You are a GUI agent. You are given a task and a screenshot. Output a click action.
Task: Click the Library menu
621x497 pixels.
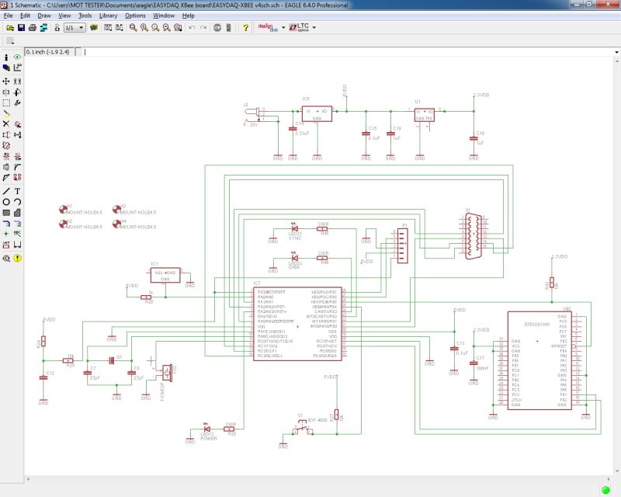pyautogui.click(x=109, y=16)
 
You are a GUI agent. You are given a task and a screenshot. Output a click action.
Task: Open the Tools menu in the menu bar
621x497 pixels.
pyautogui.click(x=85, y=16)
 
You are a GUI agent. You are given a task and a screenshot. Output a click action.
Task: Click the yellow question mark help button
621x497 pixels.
pyautogui.click(x=246, y=28)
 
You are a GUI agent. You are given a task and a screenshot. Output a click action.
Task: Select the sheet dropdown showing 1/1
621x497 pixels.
pyautogui.click(x=74, y=28)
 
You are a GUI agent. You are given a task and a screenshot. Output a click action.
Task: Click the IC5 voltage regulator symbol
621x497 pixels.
pyautogui.click(x=317, y=113)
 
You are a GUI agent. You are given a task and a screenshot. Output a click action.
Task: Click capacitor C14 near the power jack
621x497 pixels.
pyautogui.click(x=293, y=129)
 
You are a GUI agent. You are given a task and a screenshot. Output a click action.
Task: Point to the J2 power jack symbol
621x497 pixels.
pyautogui.click(x=255, y=114)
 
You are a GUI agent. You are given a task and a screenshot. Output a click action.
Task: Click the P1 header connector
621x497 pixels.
pyautogui.click(x=401, y=245)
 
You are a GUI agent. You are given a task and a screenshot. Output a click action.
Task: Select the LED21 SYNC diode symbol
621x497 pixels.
pyautogui.click(x=293, y=228)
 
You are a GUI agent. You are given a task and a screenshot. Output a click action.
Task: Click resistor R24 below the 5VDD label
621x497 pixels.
pyautogui.click(x=43, y=341)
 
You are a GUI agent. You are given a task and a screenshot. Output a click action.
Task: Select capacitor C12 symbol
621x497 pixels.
pyautogui.click(x=43, y=377)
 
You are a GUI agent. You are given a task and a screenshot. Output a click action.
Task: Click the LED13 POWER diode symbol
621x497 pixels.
pyautogui.click(x=206, y=429)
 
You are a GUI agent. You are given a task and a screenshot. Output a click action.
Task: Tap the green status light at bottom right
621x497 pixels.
pyautogui.click(x=605, y=489)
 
